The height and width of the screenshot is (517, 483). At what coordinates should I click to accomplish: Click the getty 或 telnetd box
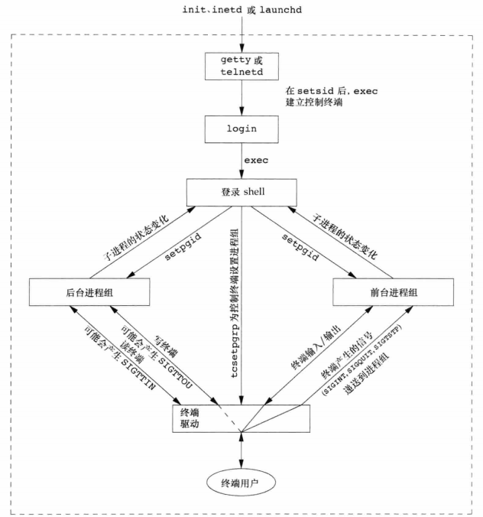[x=241, y=67]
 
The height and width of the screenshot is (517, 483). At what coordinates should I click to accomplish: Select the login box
[x=241, y=128]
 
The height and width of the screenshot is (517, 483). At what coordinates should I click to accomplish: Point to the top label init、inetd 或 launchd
[x=241, y=10]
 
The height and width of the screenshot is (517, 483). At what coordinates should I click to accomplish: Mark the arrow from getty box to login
[x=241, y=97]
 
